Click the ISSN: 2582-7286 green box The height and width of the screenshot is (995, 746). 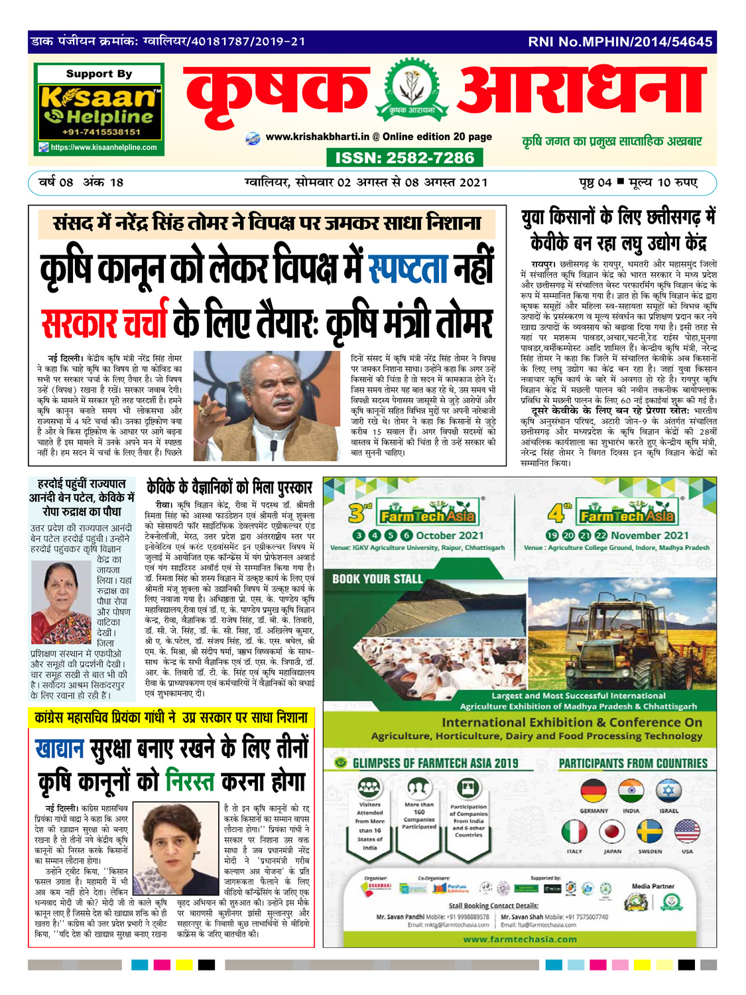[404, 158]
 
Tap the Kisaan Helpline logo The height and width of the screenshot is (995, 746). [99, 107]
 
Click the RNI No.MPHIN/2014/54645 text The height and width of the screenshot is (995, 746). [620, 42]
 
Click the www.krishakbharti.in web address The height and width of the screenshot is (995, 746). [317, 137]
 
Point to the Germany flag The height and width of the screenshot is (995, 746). [593, 791]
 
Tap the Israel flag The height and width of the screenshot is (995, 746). [668, 791]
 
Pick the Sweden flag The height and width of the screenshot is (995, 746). [649, 832]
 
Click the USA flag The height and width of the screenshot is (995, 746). [687, 832]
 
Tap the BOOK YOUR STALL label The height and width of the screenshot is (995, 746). [377, 579]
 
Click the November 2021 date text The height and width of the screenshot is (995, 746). [650, 535]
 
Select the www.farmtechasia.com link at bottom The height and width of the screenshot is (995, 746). [520, 939]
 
